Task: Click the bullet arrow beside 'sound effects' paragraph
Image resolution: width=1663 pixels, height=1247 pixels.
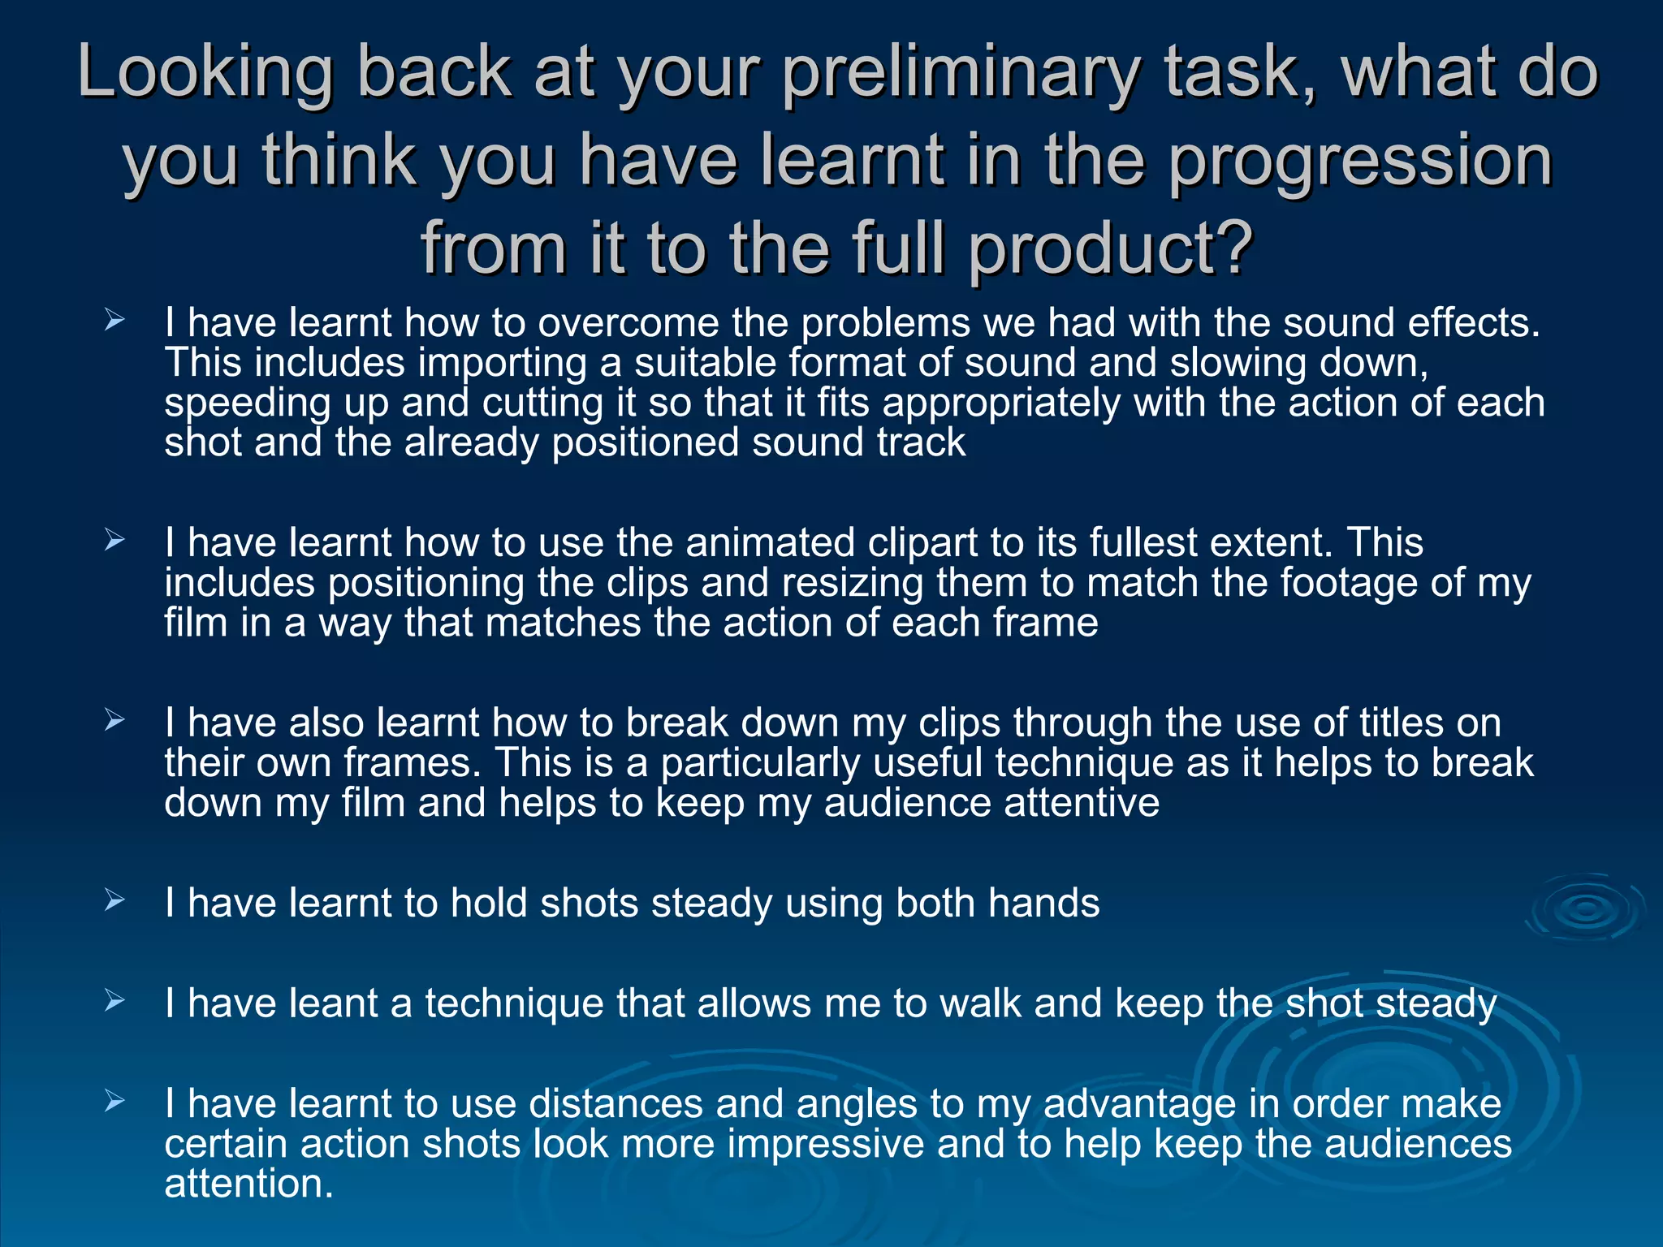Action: (114, 321)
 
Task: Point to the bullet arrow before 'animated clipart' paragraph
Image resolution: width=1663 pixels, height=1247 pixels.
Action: (114, 540)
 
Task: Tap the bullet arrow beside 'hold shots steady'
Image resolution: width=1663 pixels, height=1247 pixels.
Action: (114, 900)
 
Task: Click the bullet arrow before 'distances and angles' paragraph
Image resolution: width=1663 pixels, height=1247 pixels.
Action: (114, 1101)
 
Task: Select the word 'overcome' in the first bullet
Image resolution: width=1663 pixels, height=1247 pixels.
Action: (628, 323)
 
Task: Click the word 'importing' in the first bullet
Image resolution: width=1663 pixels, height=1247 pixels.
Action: (502, 363)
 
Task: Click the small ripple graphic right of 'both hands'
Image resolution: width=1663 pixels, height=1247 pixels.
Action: (1585, 909)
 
